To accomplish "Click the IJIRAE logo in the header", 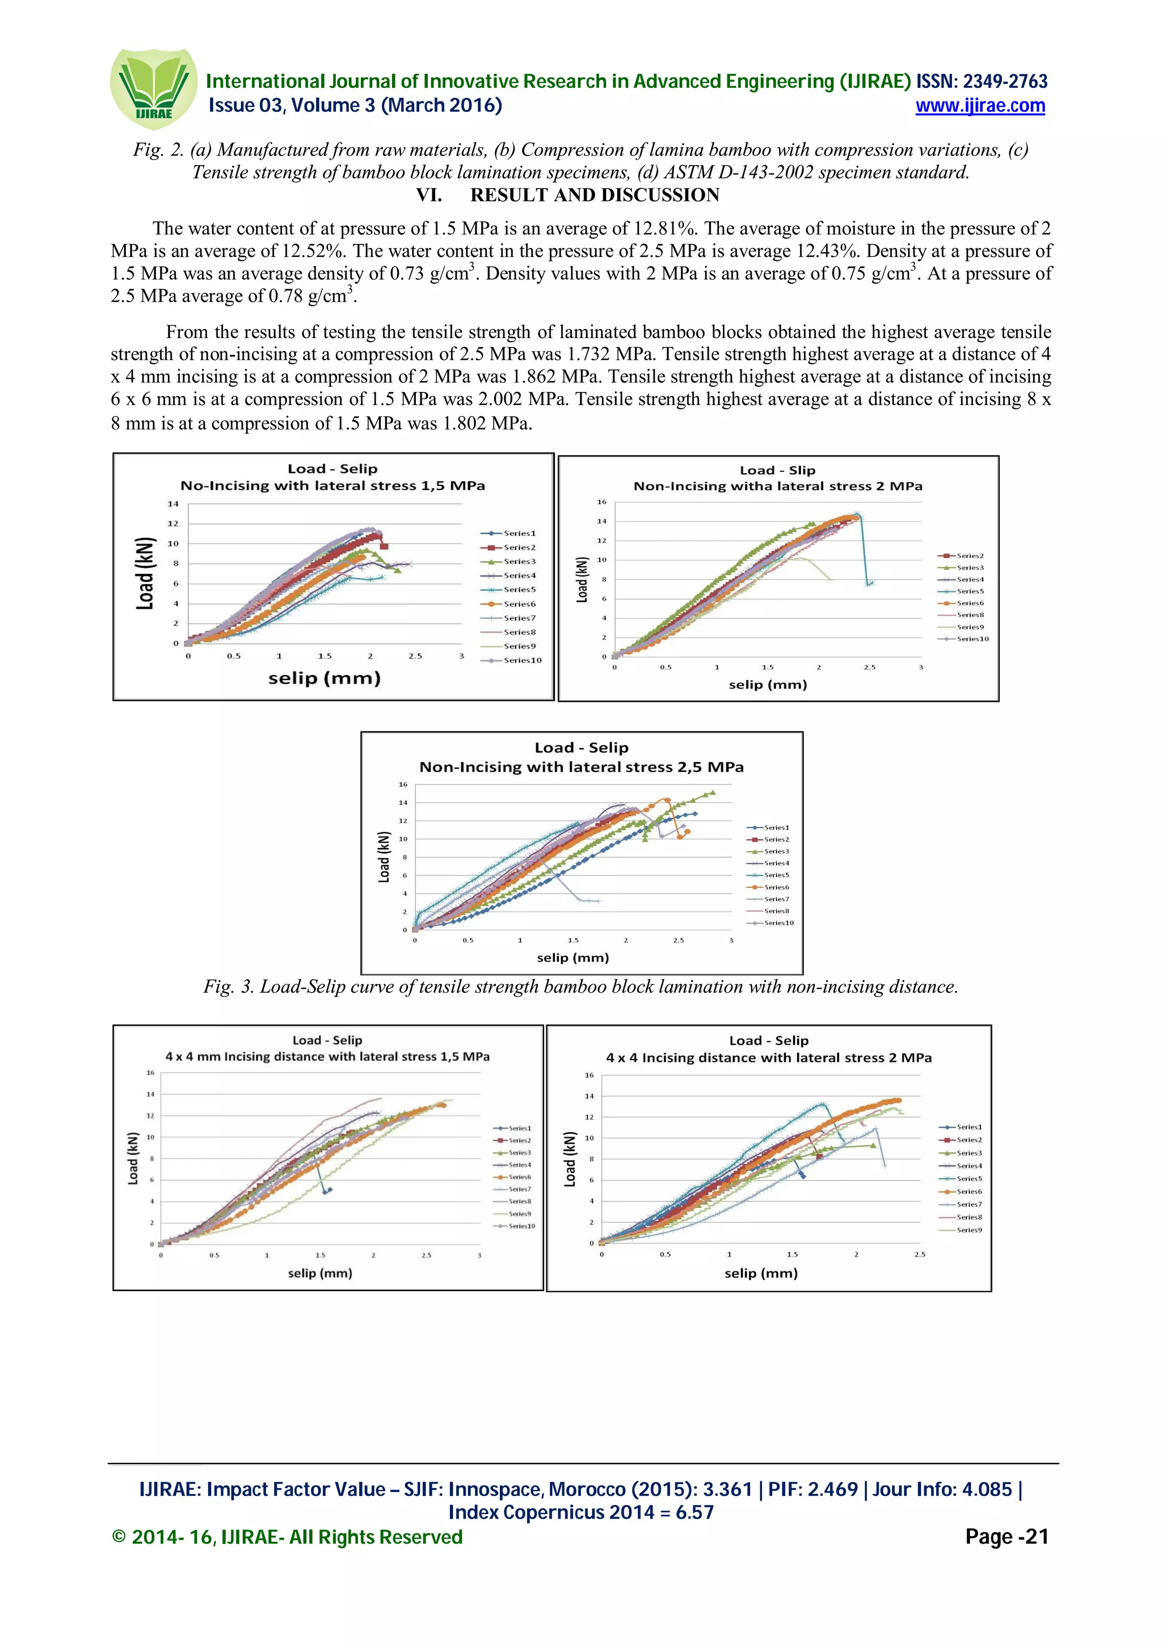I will point(153,89).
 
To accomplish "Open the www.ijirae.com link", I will point(979,106).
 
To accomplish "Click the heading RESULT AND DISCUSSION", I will point(594,195).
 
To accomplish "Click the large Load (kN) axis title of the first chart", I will point(145,573).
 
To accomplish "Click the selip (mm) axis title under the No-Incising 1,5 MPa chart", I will point(325,678).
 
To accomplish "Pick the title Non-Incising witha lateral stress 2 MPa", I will point(777,486).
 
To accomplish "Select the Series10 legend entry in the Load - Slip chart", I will point(972,639).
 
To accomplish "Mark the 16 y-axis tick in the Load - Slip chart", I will point(601,502).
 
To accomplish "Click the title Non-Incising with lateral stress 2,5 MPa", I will point(582,767).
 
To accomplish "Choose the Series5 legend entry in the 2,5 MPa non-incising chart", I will point(776,875).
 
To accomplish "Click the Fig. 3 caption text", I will point(580,987).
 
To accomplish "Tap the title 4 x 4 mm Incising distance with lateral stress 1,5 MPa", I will point(327,1056).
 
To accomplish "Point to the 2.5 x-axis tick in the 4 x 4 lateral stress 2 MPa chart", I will point(919,1254).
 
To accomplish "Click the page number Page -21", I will point(1006,1537).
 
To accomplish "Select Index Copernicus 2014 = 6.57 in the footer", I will point(580,1513).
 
